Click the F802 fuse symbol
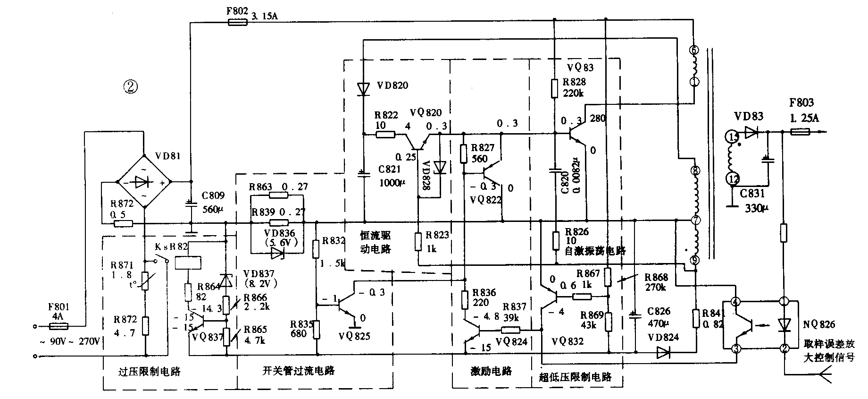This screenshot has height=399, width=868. click(237, 22)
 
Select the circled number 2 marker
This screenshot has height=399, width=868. click(130, 86)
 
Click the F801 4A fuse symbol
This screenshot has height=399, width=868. click(59, 326)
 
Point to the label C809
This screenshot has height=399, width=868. click(213, 195)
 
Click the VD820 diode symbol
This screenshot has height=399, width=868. click(363, 88)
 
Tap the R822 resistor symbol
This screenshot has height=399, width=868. click(385, 135)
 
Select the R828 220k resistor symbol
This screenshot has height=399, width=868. click(555, 88)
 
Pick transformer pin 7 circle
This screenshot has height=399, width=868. click(694, 220)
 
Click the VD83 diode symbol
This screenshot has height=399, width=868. click(751, 132)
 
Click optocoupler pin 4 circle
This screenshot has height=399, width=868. click(734, 301)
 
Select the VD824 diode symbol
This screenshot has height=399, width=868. click(663, 352)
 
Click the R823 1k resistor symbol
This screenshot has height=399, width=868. click(418, 241)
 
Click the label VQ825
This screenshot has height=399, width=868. click(354, 336)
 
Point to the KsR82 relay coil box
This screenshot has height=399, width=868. click(188, 263)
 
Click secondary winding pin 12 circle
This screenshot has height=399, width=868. click(733, 178)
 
